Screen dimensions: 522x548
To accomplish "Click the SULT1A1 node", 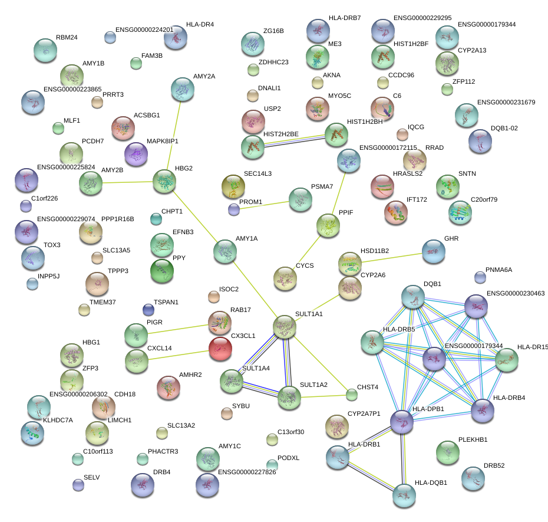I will click(284, 327).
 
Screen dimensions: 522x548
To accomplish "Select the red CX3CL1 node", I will click(220, 348).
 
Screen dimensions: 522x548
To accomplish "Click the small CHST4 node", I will click(352, 394).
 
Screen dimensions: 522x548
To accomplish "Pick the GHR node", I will click(433, 252).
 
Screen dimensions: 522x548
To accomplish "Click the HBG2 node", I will click(164, 182).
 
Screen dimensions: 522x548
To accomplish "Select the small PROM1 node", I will click(234, 209).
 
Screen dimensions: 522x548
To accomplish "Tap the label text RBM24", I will click(67, 38).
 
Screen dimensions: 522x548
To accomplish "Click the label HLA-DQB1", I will click(431, 482).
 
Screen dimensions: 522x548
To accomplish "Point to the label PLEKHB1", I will click(473, 440).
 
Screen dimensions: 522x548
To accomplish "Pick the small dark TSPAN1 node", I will click(148, 310).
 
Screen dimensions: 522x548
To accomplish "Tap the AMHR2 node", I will click(169, 388).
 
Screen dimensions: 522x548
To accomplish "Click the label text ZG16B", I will click(273, 31).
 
